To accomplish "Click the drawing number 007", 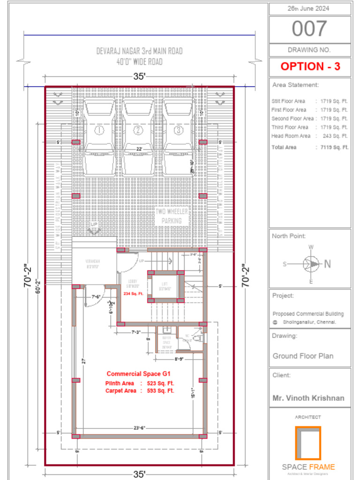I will click(309, 29).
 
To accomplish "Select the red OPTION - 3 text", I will click(310, 67).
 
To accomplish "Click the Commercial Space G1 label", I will click(138, 374).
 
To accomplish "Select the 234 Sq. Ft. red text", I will click(134, 294).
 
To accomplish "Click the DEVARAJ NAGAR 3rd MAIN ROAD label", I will click(139, 51).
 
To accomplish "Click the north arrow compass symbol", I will click(311, 263).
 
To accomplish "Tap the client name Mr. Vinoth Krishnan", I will click(308, 398).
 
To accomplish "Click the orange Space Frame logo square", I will click(308, 443).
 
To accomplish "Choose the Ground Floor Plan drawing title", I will click(303, 356).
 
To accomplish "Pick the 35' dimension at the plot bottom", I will click(139, 474).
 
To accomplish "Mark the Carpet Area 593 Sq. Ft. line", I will click(140, 390).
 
